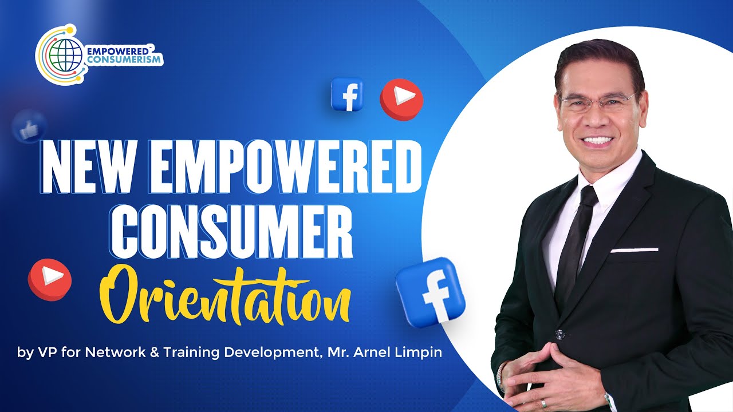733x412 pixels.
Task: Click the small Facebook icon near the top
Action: (x=347, y=94)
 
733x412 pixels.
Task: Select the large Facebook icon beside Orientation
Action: (x=431, y=292)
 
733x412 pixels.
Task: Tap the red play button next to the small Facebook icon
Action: (x=401, y=99)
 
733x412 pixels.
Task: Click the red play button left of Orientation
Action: (x=50, y=279)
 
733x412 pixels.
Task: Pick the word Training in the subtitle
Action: (x=192, y=352)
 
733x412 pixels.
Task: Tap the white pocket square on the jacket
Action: (x=634, y=249)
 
